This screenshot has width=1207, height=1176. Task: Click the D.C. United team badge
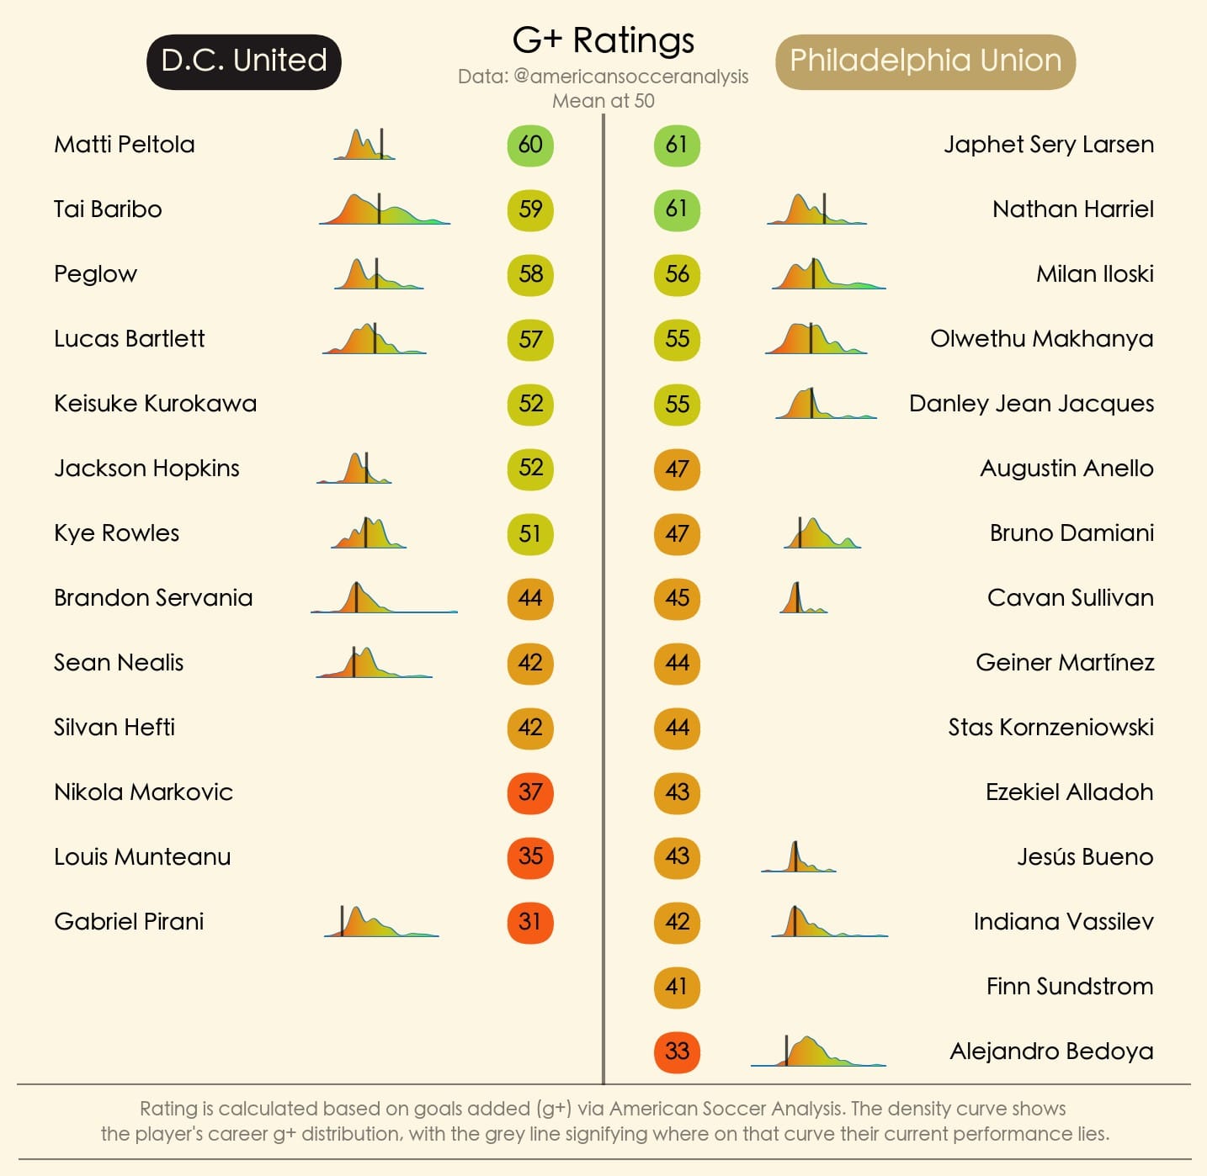coord(244,61)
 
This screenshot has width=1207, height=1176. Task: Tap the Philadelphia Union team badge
coord(925,61)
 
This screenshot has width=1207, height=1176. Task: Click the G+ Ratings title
coord(603,40)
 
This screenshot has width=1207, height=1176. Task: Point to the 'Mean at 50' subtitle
coord(603,101)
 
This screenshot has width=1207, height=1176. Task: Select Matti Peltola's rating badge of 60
coord(530,145)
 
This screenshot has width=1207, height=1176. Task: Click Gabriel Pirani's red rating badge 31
coord(530,922)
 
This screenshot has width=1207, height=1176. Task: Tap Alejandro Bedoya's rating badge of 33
coord(677,1052)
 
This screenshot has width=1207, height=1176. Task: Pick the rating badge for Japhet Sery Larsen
coord(677,145)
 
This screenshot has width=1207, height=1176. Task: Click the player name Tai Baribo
coord(108,209)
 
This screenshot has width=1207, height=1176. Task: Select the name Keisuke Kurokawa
coord(155,404)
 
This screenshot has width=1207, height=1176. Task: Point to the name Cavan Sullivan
coord(1070,598)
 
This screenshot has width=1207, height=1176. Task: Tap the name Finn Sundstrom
coord(1069,987)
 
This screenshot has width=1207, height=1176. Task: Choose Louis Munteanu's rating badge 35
coord(530,857)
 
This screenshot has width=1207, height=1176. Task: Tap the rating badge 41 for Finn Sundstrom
coord(677,987)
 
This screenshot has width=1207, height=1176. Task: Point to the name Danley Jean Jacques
coord(1031,404)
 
